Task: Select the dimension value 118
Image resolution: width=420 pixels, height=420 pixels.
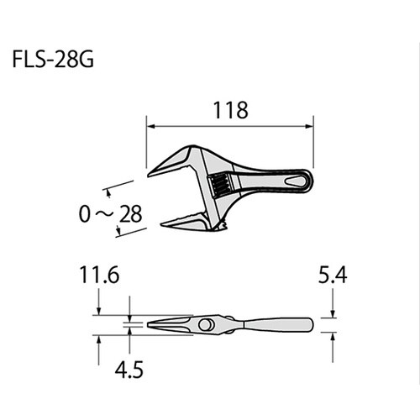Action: click(229, 110)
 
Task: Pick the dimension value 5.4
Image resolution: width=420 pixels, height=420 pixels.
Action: click(333, 274)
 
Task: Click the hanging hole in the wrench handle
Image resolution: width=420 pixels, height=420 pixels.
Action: click(297, 181)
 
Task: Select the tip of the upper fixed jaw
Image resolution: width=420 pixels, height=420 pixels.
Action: click(150, 175)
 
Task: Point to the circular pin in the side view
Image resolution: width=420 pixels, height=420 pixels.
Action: click(205, 324)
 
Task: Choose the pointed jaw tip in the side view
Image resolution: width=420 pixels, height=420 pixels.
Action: click(150, 323)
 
